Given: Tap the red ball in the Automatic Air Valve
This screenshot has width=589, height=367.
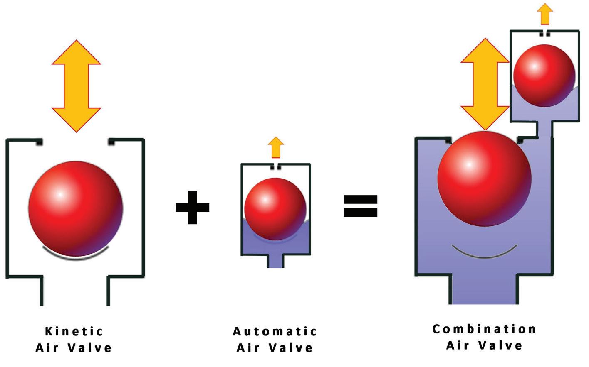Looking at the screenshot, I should point(275,209).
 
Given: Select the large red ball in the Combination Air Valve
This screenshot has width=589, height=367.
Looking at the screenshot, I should point(484,179).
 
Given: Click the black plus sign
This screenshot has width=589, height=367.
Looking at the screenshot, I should point(192,207).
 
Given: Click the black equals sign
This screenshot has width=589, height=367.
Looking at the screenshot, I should point(360,206).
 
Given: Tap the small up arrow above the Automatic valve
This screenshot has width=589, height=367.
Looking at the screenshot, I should point(276,148).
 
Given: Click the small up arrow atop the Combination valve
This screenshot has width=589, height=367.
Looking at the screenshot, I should point(544,15).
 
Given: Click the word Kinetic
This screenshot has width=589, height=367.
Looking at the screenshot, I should point(74,331).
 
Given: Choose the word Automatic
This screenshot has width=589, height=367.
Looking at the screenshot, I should point(275,331).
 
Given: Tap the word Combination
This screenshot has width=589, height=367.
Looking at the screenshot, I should point(485,329).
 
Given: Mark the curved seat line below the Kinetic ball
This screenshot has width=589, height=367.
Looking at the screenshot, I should point(76,254).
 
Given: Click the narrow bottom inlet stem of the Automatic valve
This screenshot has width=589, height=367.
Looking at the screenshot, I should point(275,261).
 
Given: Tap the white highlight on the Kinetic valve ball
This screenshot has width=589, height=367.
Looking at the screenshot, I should point(60,194).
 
